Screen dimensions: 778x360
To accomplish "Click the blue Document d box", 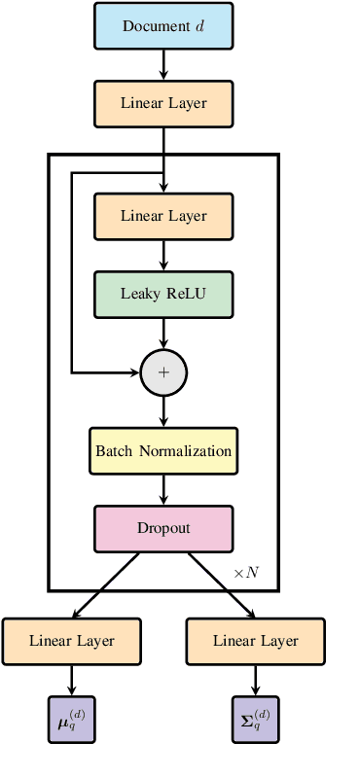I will coord(163,25).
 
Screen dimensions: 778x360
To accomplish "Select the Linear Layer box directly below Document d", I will coord(163,102).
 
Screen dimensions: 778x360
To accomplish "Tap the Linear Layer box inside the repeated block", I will coord(163,216).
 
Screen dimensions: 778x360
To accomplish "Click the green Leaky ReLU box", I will coord(163,293).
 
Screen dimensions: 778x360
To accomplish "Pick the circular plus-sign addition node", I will coord(163,371).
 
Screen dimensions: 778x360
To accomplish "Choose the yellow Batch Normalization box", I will coord(163,451).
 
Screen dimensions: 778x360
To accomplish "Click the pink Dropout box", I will coord(163,528).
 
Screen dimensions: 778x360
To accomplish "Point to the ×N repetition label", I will coord(246,573).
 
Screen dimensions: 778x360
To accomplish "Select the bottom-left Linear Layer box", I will coord(72,641).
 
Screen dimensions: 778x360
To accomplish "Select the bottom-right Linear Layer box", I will coord(256,641).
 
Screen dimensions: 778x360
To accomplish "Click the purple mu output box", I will coord(72,719).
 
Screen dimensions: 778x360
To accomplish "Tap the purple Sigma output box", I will coord(256,719).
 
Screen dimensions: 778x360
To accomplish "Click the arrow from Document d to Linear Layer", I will coord(163,64).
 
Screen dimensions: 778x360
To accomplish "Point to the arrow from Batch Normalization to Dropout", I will coord(163,489).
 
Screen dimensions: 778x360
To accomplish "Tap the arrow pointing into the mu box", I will coord(72,680).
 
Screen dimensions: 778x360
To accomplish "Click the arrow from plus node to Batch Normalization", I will coord(163,411).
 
